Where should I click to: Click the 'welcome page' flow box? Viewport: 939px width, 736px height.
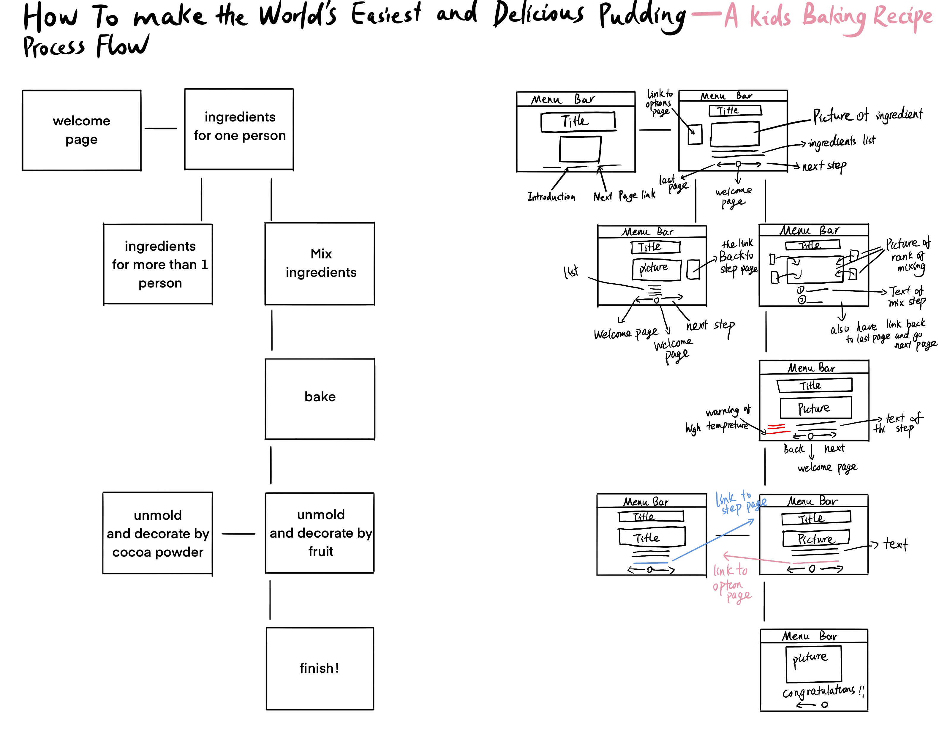pyautogui.click(x=81, y=130)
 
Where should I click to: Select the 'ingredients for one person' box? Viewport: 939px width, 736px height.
pyautogui.click(x=239, y=129)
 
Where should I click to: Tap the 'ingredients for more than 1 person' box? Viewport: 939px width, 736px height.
pyautogui.click(x=158, y=264)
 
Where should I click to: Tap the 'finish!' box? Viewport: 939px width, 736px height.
pyautogui.click(x=320, y=668)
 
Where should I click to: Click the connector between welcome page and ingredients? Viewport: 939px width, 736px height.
pyautogui.click(x=161, y=128)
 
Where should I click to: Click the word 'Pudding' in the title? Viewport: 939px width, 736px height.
pyautogui.click(x=642, y=16)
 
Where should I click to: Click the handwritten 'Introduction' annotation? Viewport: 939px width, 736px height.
pyautogui.click(x=551, y=197)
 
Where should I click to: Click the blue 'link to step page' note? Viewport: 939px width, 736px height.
pyautogui.click(x=740, y=503)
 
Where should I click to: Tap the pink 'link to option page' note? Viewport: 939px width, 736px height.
pyautogui.click(x=731, y=583)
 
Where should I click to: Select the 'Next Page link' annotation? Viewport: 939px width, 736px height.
pyautogui.click(x=624, y=196)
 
